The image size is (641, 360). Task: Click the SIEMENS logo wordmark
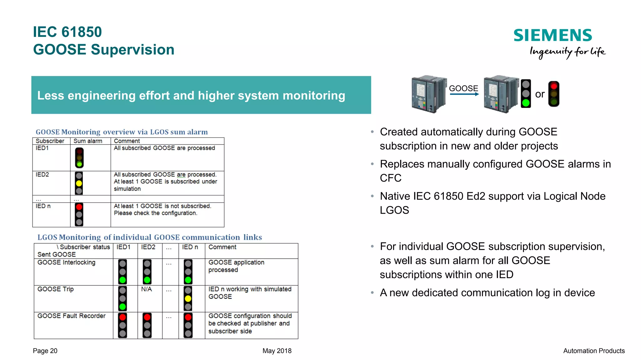pos(553,35)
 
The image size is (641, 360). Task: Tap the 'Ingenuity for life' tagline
pos(567,52)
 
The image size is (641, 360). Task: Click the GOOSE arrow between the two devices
pos(464,94)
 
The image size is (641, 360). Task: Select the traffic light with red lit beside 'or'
pos(554,94)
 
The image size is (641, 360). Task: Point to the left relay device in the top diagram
pos(428,94)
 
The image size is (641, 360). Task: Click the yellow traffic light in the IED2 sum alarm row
pos(79,183)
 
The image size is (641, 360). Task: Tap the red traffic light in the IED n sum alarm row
pos(79,215)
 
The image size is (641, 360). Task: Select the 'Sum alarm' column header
pos(88,141)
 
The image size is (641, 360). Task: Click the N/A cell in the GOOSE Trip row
pos(146,289)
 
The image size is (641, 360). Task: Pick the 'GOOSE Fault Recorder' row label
pos(72,316)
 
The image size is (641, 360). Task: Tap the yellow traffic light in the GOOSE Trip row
pos(188,299)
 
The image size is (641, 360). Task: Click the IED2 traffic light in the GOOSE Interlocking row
pos(147,272)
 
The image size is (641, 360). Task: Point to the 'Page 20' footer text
pos(45,351)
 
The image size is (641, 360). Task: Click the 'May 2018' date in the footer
pos(277,351)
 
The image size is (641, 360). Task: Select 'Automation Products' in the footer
pos(594,351)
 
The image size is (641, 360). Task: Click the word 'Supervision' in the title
pos(132,50)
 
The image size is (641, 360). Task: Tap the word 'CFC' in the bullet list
pos(391,178)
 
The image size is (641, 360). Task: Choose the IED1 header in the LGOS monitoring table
pos(124,247)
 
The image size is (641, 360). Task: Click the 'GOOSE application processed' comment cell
pos(236,266)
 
